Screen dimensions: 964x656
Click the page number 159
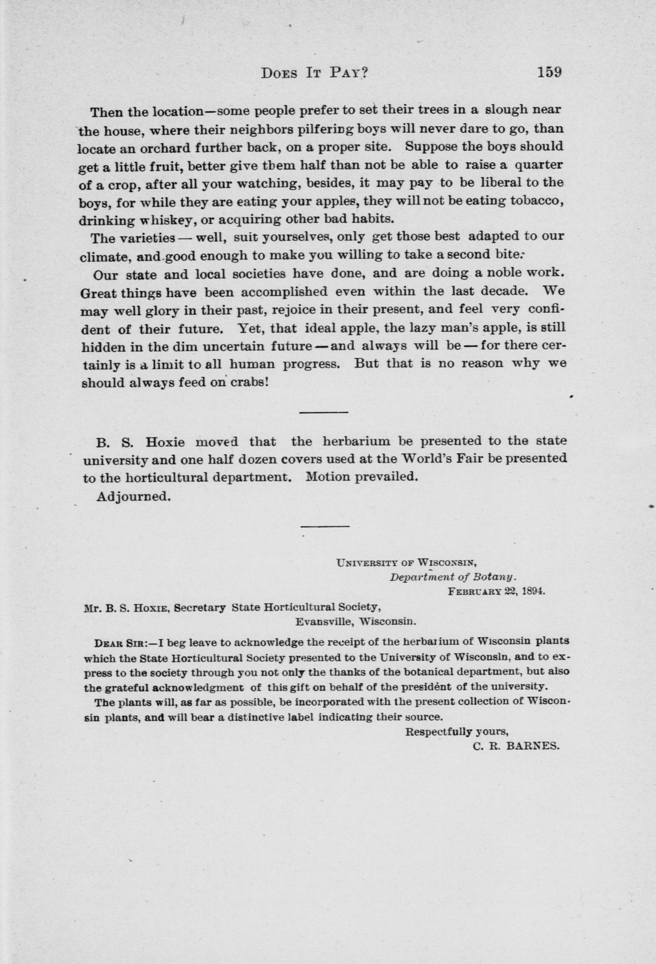click(549, 73)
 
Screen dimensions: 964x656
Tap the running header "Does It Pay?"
click(315, 73)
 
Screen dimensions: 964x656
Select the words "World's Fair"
click(444, 458)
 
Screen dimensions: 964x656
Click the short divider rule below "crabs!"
click(323, 412)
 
